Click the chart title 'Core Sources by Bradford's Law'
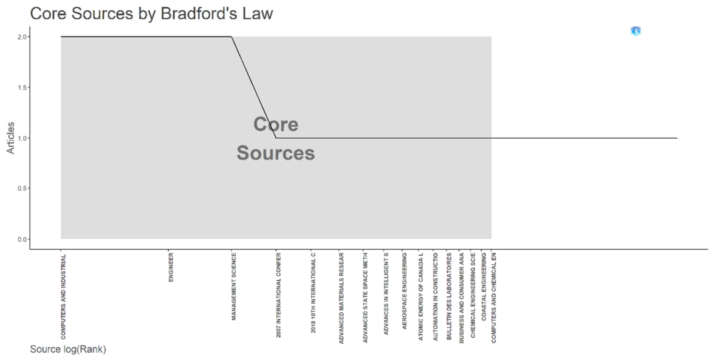151,14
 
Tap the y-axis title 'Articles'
10,138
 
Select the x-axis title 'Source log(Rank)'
68,350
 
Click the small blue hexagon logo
636,31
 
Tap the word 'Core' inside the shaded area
276,124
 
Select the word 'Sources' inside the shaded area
276,153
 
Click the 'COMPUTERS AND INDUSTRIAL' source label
63,296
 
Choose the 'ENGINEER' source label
171,268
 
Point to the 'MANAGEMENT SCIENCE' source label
234,287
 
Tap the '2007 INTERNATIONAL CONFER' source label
279,295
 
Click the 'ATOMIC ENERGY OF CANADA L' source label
421,297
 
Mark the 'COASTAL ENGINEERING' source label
484,287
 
